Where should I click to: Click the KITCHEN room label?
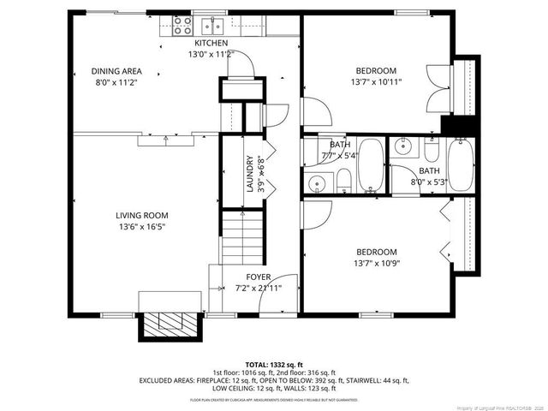click(211, 43)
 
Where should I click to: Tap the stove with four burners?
click(182, 26)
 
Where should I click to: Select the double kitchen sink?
click(211, 26)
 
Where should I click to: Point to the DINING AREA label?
click(116, 71)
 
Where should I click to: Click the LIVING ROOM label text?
click(142, 216)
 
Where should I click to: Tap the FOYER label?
click(259, 277)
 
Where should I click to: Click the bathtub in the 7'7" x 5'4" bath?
click(371, 165)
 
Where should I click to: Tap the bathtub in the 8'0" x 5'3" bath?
click(459, 165)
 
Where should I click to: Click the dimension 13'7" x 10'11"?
click(376, 82)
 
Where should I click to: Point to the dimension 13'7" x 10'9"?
click(376, 264)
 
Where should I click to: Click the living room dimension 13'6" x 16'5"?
click(142, 228)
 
